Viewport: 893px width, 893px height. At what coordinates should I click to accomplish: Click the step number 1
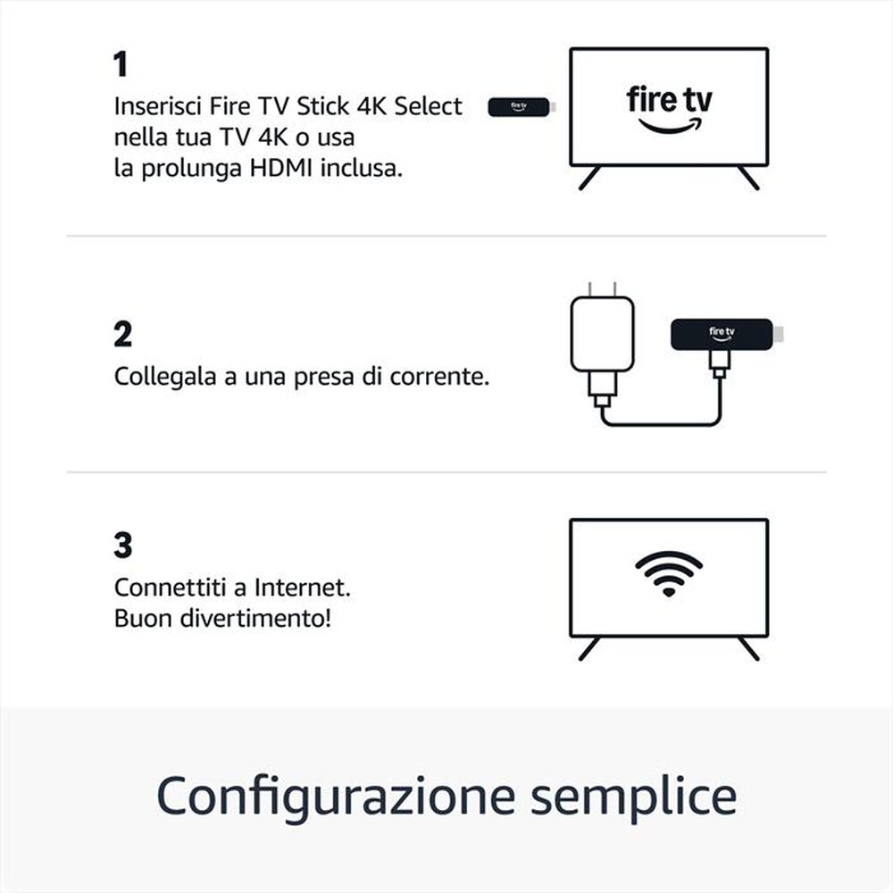tap(121, 64)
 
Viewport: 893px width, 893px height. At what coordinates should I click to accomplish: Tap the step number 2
tap(122, 334)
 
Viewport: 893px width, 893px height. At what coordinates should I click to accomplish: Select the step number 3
tap(122, 545)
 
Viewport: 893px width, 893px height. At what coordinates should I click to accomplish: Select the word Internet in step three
tap(302, 588)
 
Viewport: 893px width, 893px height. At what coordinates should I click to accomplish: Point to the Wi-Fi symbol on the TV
tap(669, 572)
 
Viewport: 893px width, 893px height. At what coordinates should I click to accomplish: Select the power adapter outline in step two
tap(602, 334)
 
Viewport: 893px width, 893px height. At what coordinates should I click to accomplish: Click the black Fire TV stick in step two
tap(721, 334)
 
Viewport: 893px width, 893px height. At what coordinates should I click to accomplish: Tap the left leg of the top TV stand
tap(589, 178)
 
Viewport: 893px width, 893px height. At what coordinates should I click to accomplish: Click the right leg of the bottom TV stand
tap(748, 648)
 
